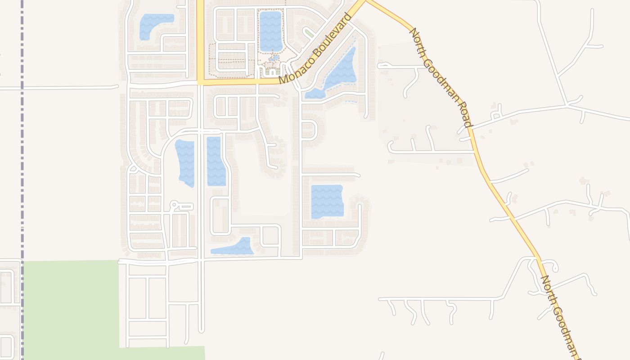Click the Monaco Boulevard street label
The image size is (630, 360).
click(x=315, y=49)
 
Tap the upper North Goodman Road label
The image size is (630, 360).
click(x=441, y=77)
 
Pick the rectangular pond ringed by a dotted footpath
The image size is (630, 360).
click(x=270, y=31)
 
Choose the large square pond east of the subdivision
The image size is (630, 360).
click(x=327, y=201)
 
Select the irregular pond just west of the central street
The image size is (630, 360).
click(x=185, y=162)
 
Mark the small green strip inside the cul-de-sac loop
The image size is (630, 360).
click(x=309, y=33)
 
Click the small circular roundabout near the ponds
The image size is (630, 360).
click(x=174, y=206)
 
